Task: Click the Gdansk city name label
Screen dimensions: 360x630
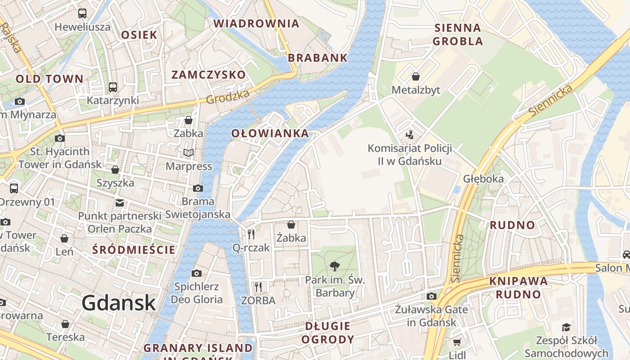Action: pos(119,303)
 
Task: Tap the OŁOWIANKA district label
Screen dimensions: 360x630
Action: pos(270,133)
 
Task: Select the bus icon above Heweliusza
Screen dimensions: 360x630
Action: pos(82,13)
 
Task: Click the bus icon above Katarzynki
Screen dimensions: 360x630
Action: pos(113,87)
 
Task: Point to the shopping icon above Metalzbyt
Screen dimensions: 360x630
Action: pos(416,76)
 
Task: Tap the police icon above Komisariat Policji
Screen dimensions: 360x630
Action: pos(409,135)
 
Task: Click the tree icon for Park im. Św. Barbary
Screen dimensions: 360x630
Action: pos(334,266)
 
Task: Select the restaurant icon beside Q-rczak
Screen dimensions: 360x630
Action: pos(251,234)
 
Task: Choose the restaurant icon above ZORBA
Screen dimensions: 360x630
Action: pos(258,287)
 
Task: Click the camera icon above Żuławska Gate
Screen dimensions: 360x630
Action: pos(432,296)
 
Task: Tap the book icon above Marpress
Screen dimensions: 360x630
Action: pos(189,153)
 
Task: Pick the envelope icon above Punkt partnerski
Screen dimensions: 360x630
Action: pos(119,202)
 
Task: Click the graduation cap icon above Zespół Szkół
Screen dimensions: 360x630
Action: pos(566,327)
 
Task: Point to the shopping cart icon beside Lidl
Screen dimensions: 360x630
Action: pos(457,342)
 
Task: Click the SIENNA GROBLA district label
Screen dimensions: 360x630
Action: pos(458,35)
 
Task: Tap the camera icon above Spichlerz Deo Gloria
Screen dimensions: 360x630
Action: pos(196,273)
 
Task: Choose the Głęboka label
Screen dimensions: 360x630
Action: pos(483,179)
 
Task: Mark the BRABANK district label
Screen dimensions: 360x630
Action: pos(318,58)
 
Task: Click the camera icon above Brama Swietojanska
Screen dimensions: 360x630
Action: pos(198,188)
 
